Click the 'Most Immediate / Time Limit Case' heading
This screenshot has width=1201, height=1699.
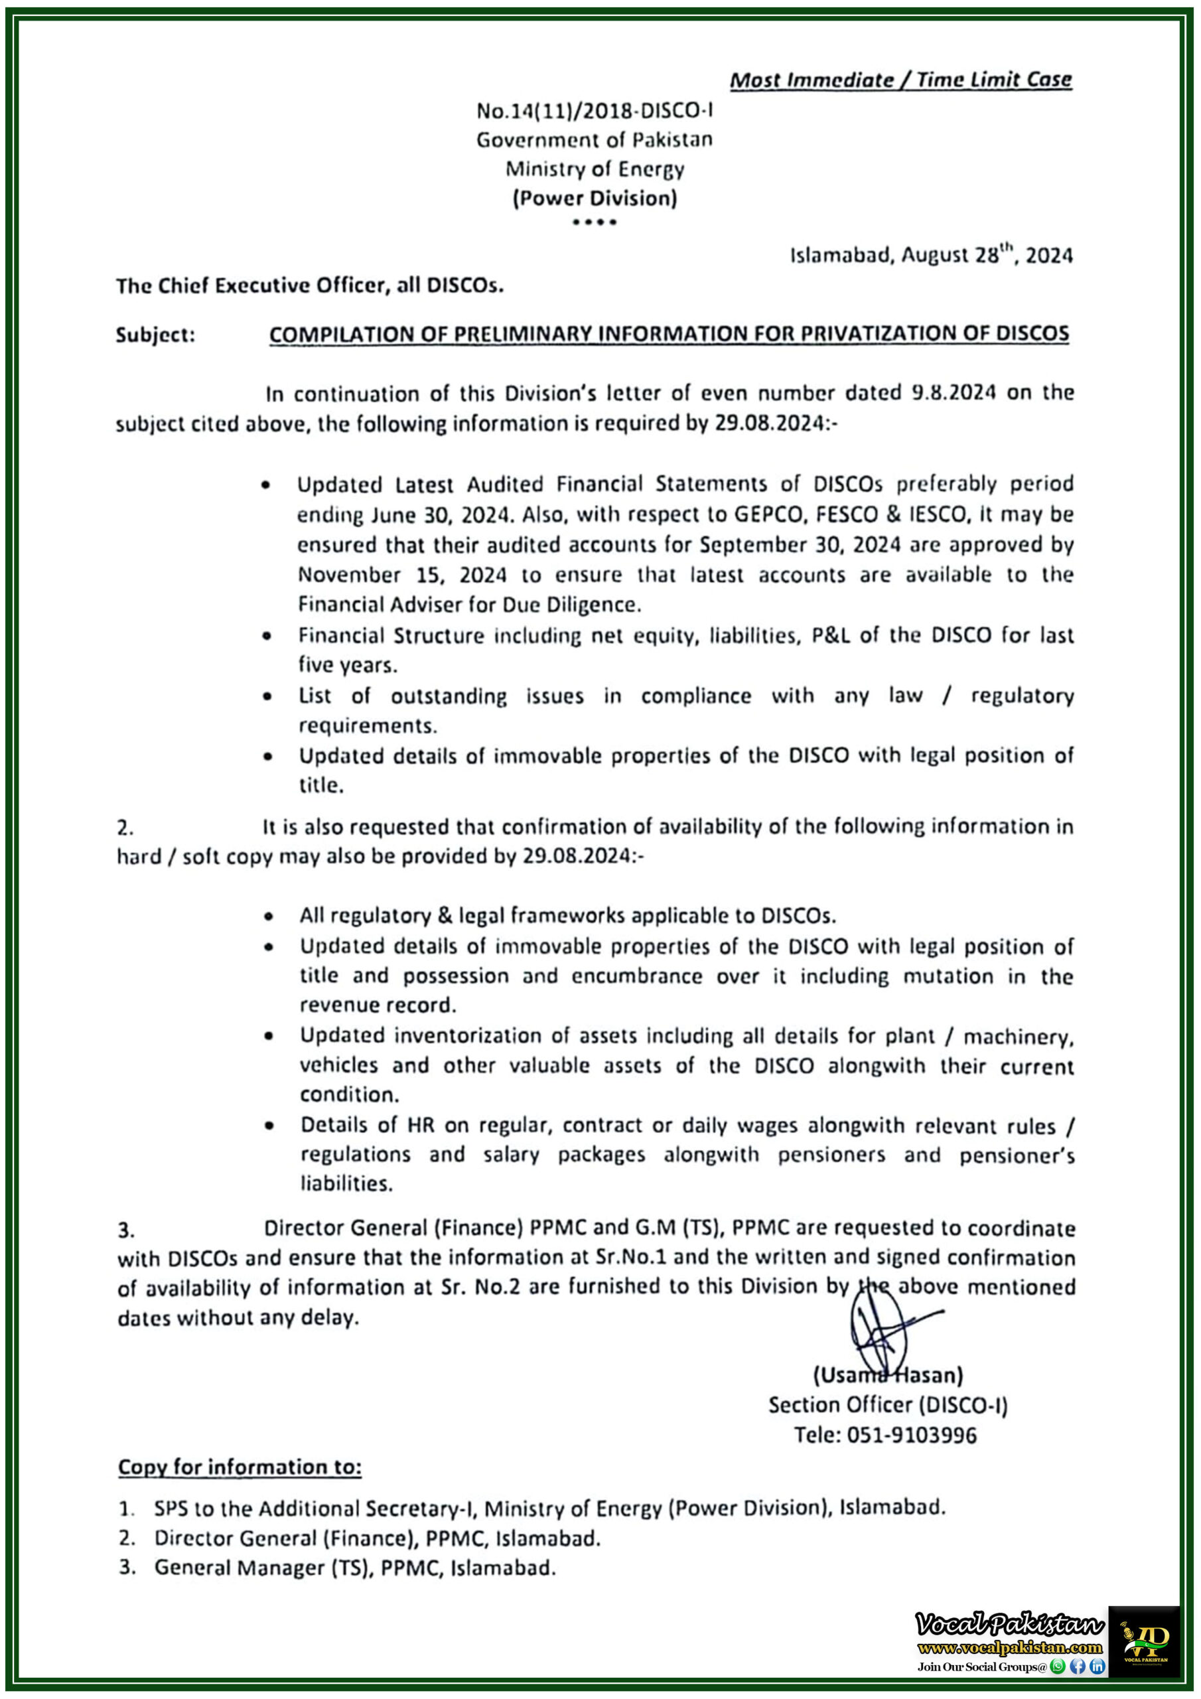[900, 80]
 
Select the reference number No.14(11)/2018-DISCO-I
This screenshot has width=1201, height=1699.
[595, 111]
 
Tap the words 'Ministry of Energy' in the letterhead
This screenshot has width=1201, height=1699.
[595, 169]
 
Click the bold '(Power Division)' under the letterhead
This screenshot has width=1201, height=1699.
[595, 198]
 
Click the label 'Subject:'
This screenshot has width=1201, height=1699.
[155, 335]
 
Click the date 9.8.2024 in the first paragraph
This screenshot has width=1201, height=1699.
[953, 393]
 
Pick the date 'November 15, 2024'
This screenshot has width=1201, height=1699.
[403, 575]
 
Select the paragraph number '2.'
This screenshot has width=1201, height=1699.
[125, 828]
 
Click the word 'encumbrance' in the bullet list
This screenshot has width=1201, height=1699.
[636, 977]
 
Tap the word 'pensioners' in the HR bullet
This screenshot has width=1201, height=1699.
[831, 1155]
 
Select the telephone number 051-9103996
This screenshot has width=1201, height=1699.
[912, 1436]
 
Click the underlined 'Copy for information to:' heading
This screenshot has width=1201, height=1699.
[240, 1467]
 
